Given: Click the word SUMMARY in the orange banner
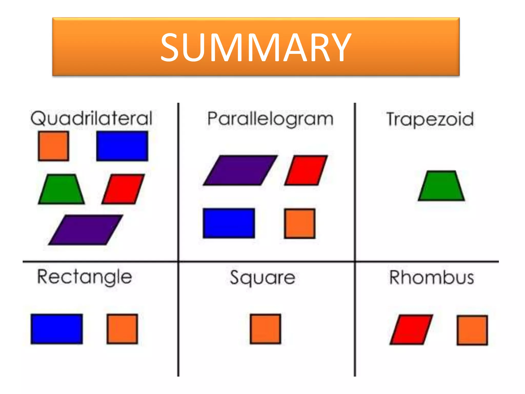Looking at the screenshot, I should (x=256, y=48).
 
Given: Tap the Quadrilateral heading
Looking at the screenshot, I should (x=92, y=119).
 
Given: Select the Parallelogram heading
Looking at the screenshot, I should (x=270, y=119).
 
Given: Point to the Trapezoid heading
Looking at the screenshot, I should (x=430, y=120).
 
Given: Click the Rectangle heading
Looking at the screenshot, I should (x=85, y=277).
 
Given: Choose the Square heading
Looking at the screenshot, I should (x=262, y=278).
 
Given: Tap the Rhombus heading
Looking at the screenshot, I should (x=432, y=278).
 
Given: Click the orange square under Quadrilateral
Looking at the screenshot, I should (x=53, y=146).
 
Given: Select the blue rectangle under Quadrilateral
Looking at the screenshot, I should (x=122, y=146).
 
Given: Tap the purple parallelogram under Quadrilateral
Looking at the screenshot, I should (x=86, y=230).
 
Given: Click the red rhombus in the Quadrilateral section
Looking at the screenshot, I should (x=123, y=189).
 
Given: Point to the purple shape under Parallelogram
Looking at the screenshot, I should (x=240, y=170).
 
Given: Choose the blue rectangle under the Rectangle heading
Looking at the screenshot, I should (x=57, y=329).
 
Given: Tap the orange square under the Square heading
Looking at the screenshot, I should (x=265, y=329).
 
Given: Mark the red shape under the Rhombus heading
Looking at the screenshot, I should (x=411, y=330).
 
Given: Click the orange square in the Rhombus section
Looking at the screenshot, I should (x=472, y=330).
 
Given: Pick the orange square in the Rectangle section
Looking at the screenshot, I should (x=122, y=329).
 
